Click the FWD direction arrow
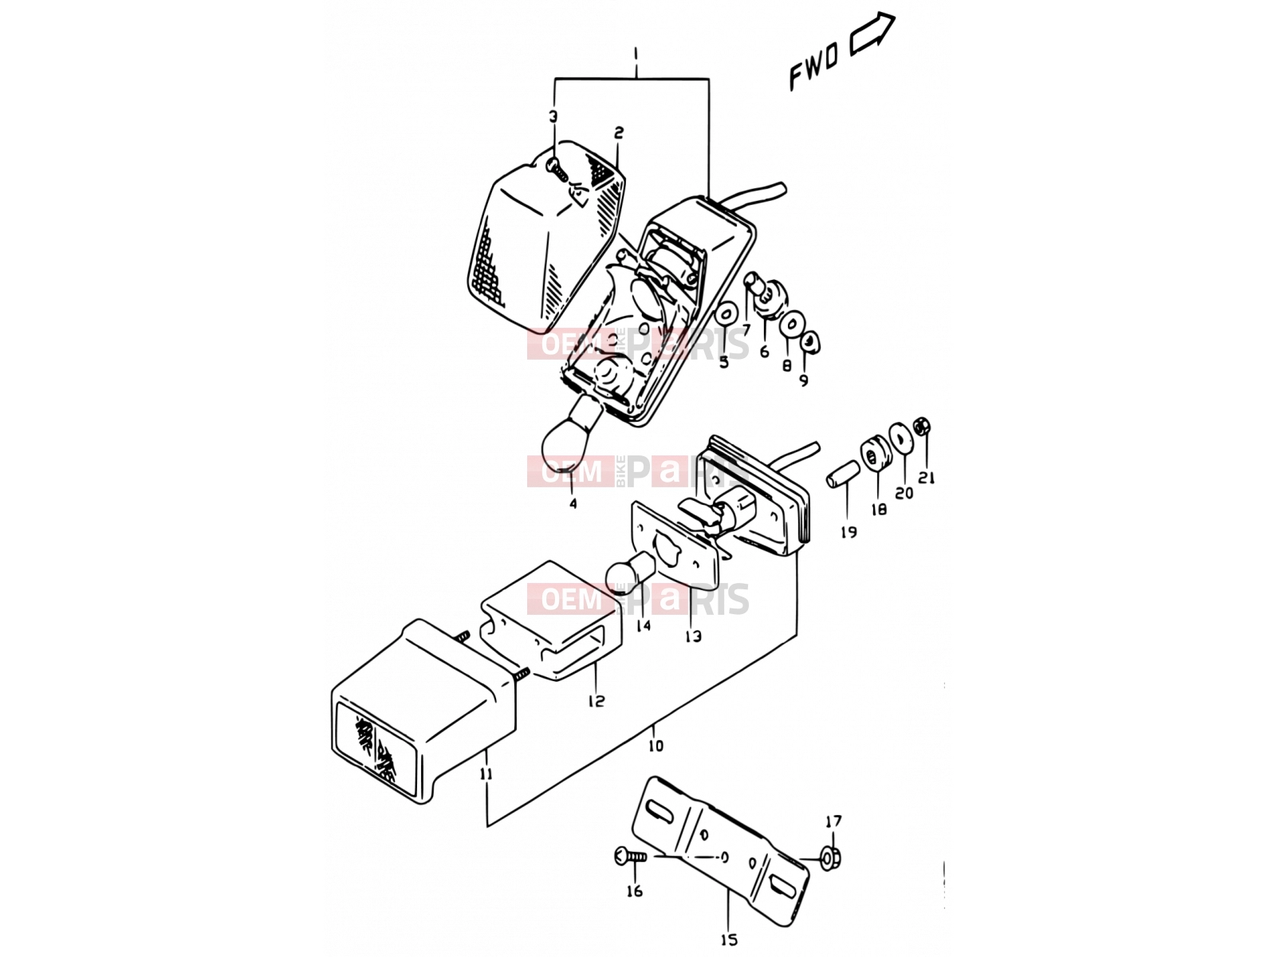872,34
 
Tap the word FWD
813,68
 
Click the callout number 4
573,503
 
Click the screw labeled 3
557,169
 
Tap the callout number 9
803,380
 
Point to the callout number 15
728,939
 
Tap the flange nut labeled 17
831,857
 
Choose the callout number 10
656,746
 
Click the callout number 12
596,701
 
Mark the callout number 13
693,637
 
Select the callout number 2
619,133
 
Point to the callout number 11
486,774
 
